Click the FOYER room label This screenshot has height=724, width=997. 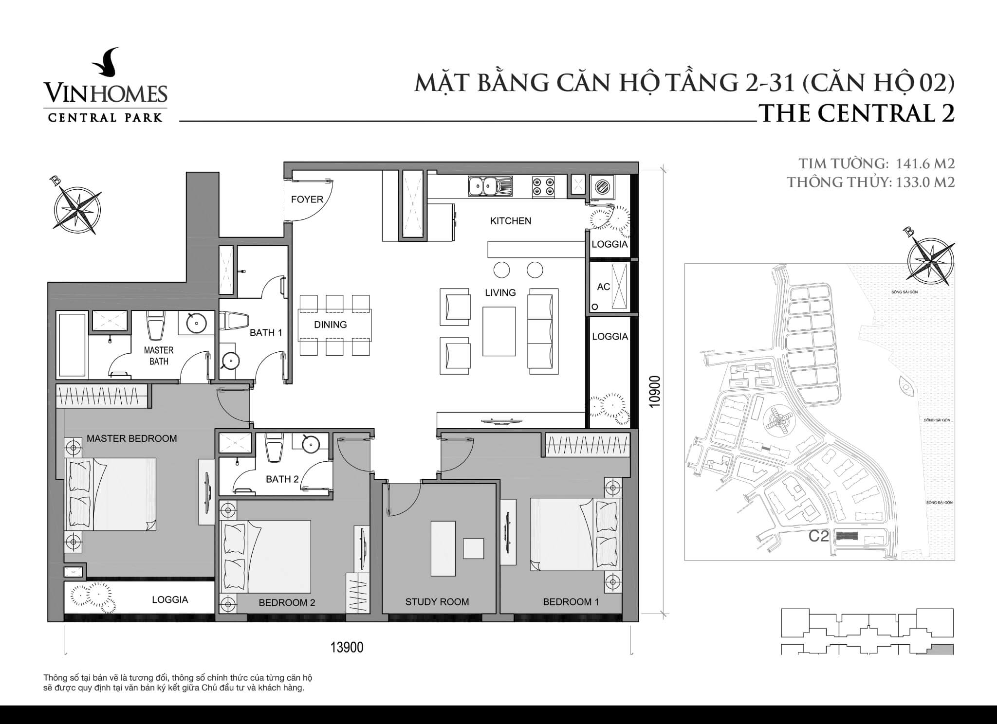[307, 199]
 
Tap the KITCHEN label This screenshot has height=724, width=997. [510, 221]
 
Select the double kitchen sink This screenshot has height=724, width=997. [490, 186]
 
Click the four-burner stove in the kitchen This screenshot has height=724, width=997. [543, 186]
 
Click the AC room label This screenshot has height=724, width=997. [603, 287]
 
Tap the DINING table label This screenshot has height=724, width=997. [330, 325]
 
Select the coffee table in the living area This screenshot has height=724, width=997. [499, 331]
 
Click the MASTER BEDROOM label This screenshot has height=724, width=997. [131, 438]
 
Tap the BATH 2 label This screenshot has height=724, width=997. [282, 479]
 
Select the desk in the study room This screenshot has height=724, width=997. [443, 548]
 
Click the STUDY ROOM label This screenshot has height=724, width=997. [437, 602]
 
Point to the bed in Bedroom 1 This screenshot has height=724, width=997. [574, 534]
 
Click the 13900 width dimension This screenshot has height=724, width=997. [347, 648]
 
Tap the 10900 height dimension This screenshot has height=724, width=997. [655, 391]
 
